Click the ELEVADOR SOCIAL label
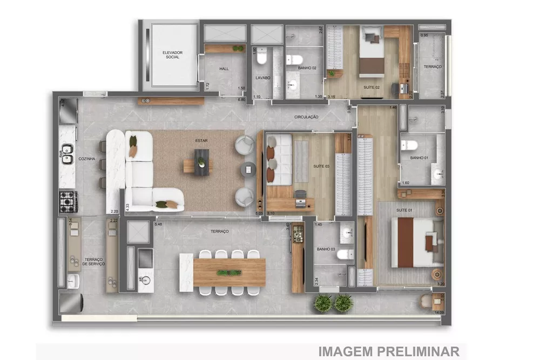pos(173,55)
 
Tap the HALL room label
pos(225,69)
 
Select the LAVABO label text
pos(262,78)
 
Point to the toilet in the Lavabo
pos(262,57)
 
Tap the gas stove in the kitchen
pos(68,201)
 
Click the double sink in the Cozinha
pos(67,153)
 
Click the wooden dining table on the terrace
pos(229,272)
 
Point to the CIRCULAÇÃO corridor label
pos(306,117)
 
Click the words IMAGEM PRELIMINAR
pos(388,351)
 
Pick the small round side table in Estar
pos(248,169)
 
